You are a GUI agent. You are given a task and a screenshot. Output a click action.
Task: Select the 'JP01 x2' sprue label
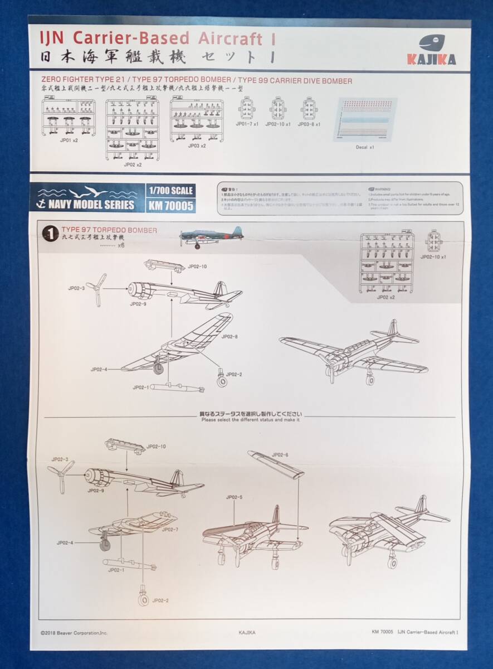click(70, 142)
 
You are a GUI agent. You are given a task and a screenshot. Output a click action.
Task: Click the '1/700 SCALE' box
click(170, 191)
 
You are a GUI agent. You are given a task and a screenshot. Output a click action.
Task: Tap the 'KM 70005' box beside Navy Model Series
click(170, 205)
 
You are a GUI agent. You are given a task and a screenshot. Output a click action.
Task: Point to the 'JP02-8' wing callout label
click(230, 337)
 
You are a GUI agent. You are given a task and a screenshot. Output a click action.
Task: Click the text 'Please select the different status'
click(251, 420)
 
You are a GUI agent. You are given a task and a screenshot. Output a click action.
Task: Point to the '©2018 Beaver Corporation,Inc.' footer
click(74, 632)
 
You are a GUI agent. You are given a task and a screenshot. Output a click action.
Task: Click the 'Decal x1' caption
click(365, 148)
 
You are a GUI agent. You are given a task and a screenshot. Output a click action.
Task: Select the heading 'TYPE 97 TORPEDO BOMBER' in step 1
click(109, 230)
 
